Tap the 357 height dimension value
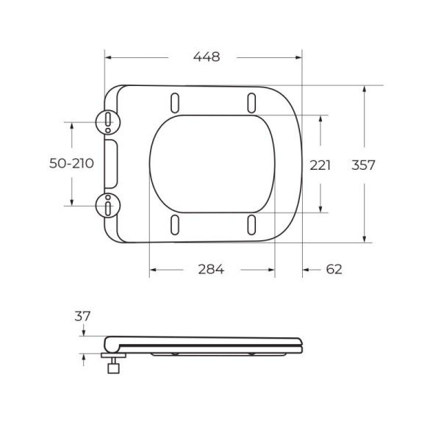coord(363,165)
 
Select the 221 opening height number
coord(320,165)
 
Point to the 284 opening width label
coord(210,270)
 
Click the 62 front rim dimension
coord(334,270)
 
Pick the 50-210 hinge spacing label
coord(71,164)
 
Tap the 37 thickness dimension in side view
coord(82,316)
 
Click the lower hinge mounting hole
coord(109,206)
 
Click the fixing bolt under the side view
coord(114,366)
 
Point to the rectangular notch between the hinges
coord(113,164)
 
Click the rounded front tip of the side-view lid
coord(301,343)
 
